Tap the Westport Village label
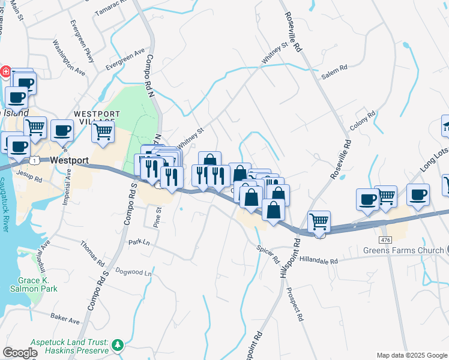(97, 118)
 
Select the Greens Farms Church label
(403, 250)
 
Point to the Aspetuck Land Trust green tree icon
(119, 344)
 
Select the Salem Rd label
(334, 69)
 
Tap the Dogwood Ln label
(133, 272)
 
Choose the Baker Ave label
(65, 317)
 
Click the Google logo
(20, 353)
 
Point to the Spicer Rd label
(268, 254)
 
